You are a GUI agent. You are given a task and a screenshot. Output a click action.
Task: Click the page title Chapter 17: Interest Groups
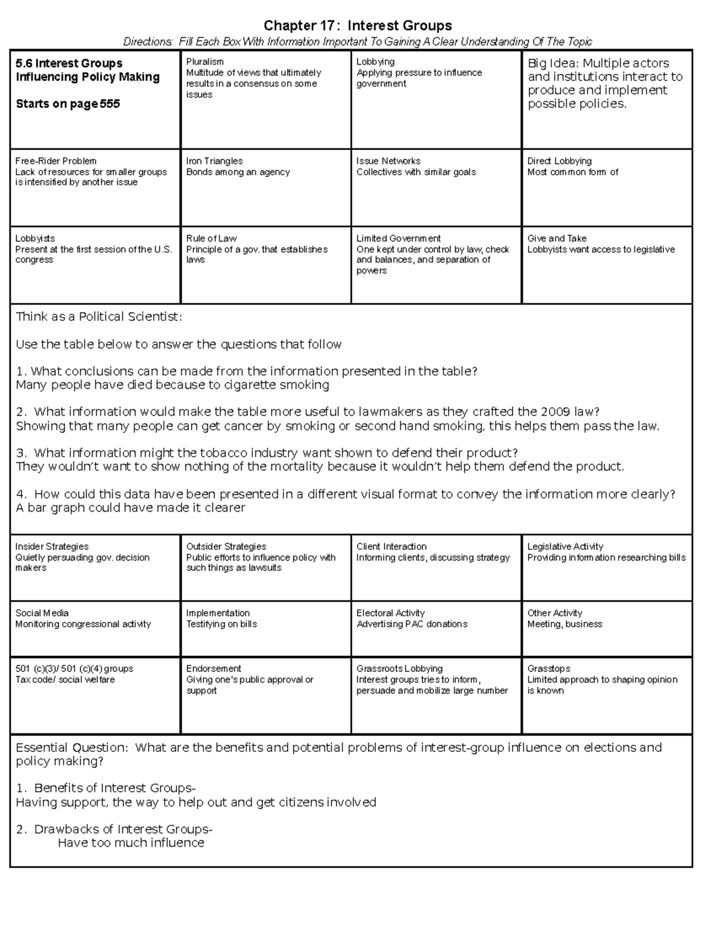click(x=357, y=26)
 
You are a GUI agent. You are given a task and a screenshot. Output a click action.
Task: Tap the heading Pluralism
click(x=205, y=62)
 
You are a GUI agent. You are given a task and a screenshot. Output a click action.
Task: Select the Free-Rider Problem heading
click(x=55, y=161)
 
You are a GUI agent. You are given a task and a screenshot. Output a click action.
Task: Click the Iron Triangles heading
click(x=214, y=161)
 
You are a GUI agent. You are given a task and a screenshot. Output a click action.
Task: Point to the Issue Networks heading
click(x=388, y=161)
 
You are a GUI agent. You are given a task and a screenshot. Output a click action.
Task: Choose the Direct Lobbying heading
click(x=559, y=161)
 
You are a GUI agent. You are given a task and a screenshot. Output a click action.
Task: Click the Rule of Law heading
click(x=211, y=239)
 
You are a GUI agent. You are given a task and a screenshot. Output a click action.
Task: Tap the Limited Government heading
click(x=398, y=239)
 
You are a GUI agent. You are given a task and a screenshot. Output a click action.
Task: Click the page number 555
click(x=110, y=104)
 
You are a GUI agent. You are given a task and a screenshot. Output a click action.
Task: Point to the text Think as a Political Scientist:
click(x=98, y=317)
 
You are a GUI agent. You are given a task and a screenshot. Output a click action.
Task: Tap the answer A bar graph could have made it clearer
click(x=130, y=508)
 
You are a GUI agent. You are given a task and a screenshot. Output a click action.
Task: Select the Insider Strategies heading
click(x=51, y=547)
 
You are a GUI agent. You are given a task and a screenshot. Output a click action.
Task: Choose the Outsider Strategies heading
click(x=226, y=547)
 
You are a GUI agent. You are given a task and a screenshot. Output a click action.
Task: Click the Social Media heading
click(x=42, y=613)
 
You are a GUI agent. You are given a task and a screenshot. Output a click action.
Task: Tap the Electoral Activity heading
click(x=390, y=613)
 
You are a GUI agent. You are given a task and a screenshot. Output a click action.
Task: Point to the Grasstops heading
click(x=548, y=669)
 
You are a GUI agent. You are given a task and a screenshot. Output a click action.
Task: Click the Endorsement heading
click(x=213, y=669)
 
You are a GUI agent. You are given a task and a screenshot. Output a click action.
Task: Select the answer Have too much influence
click(x=131, y=843)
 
